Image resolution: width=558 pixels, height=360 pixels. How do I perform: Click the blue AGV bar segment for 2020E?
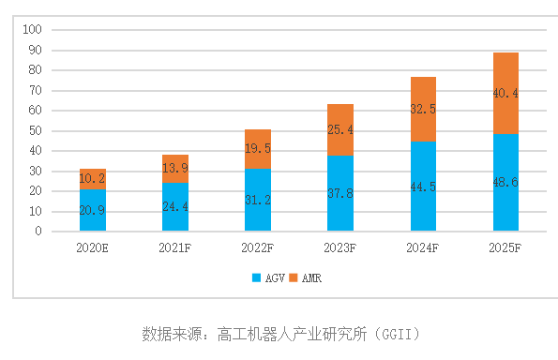point(93,210)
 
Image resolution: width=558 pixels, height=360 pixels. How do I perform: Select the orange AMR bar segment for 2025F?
point(505,93)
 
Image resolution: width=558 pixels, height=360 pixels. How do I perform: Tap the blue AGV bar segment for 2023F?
point(340,193)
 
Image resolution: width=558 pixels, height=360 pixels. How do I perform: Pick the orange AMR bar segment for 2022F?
point(258,149)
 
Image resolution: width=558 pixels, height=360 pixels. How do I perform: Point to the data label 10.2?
point(93,179)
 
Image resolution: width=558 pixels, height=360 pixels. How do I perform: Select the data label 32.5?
point(423,109)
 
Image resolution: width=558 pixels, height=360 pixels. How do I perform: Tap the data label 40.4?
point(505,93)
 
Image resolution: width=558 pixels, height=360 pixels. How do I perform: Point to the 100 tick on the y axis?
point(33,30)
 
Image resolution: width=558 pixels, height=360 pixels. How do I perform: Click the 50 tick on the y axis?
point(36,130)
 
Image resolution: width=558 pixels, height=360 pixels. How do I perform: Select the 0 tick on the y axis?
point(38,231)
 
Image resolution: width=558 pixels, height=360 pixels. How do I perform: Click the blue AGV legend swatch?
point(256,278)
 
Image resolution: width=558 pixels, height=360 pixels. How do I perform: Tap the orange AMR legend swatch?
point(294,278)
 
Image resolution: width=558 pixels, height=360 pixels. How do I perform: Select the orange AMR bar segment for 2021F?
point(175,168)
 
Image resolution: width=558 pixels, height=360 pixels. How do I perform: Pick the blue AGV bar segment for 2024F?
point(423,186)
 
